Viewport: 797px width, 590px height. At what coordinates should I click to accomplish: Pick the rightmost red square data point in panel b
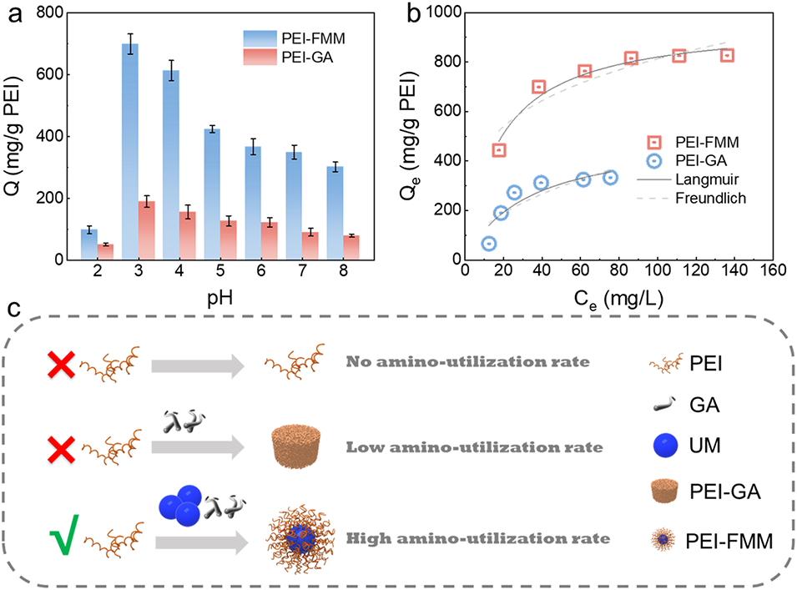point(727,55)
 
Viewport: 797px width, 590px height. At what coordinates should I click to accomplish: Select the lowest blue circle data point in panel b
point(489,244)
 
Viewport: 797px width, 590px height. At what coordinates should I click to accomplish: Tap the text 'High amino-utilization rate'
point(477,539)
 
